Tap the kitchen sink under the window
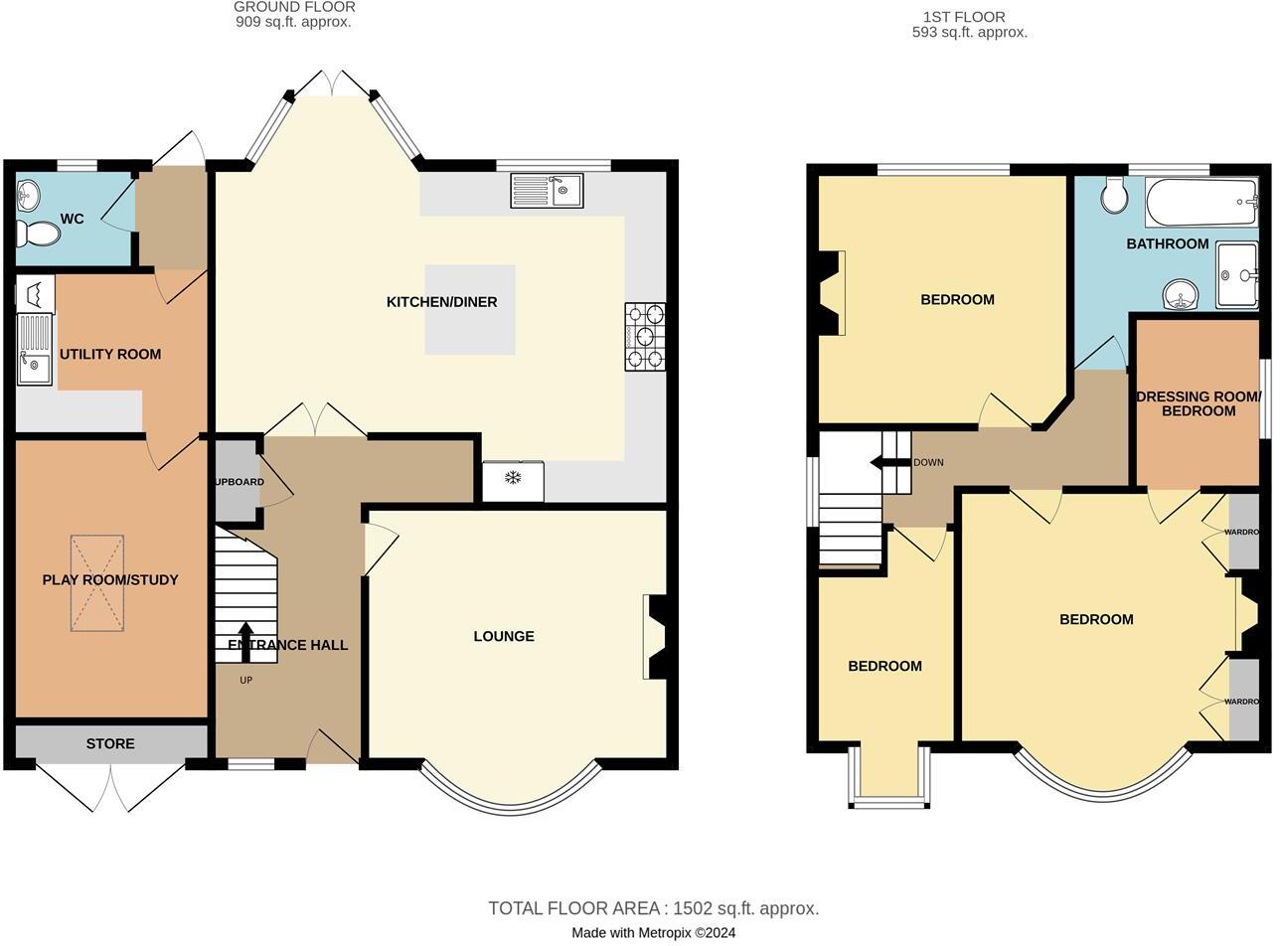[x=547, y=191]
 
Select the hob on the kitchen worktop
[x=644, y=337]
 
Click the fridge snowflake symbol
[x=513, y=479]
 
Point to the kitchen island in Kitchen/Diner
[x=470, y=310]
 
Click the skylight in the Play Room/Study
[x=97, y=582]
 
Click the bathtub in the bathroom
[x=1201, y=202]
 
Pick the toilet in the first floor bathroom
[x=1114, y=196]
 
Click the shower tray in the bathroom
[x=1237, y=275]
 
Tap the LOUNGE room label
[x=504, y=636]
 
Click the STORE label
[x=110, y=743]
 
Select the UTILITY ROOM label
[x=110, y=354]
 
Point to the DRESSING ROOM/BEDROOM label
[x=1199, y=403]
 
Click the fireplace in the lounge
[x=656, y=637]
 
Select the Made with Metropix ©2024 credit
[x=653, y=933]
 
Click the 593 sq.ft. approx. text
[x=969, y=32]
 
